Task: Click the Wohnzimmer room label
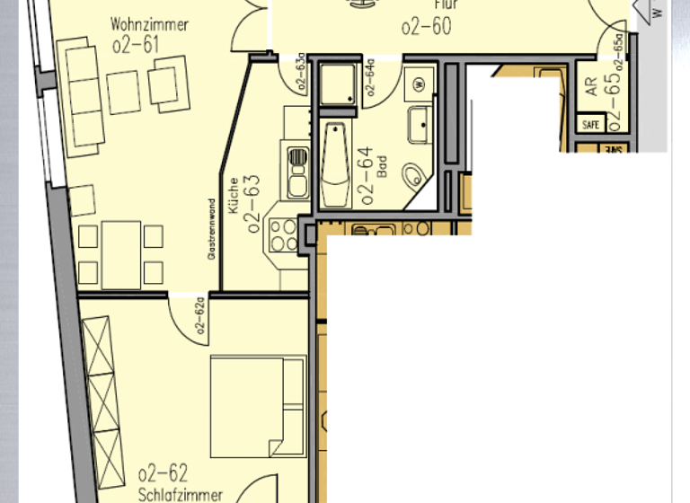click(149, 24)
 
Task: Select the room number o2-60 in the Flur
click(426, 26)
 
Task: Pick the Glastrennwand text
click(212, 228)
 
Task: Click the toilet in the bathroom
click(416, 176)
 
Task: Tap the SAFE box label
click(590, 125)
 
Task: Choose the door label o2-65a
click(618, 49)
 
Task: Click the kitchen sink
click(297, 171)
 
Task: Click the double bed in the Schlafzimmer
click(257, 406)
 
